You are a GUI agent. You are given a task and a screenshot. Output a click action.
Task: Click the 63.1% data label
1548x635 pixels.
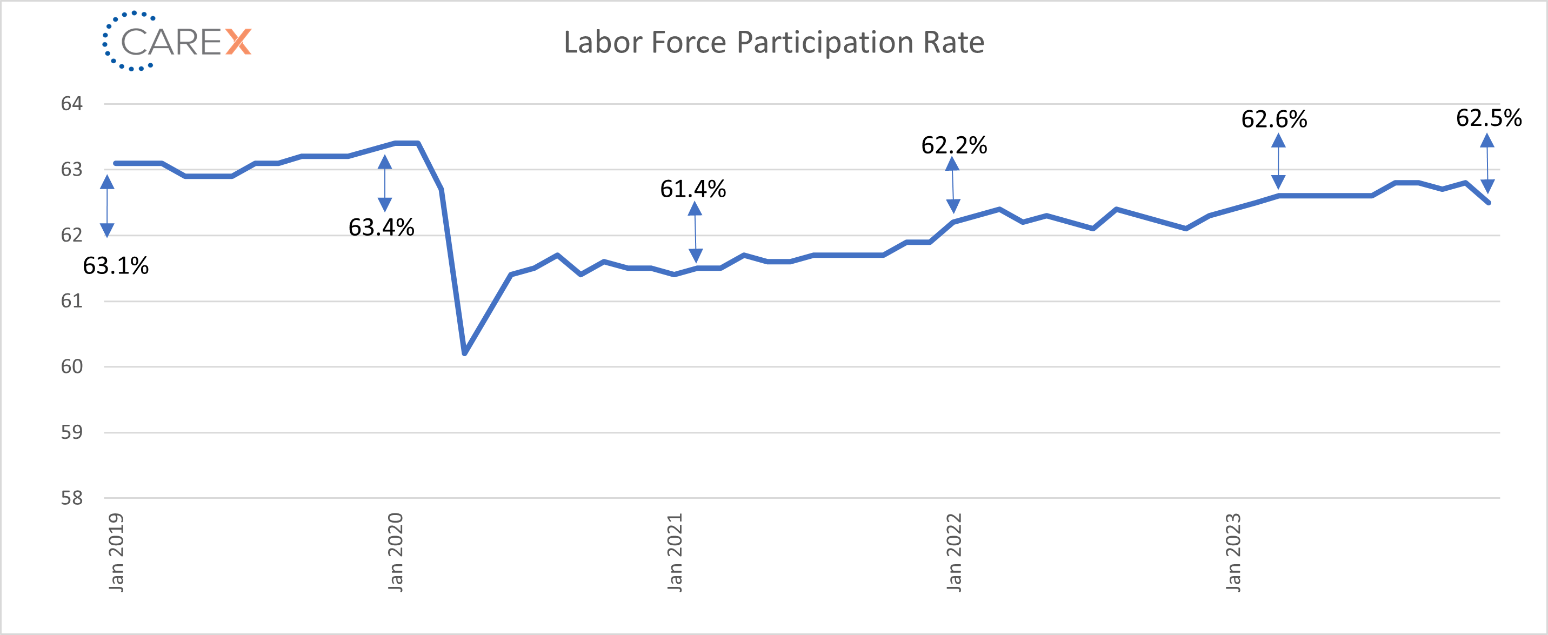(115, 265)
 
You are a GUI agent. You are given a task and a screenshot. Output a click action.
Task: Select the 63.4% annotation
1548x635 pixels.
(381, 227)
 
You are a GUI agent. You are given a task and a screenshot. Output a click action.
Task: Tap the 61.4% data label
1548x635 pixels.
(693, 189)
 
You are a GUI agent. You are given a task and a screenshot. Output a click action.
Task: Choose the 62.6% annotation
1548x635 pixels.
(1274, 119)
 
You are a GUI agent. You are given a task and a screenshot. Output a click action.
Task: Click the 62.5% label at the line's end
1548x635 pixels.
(1489, 118)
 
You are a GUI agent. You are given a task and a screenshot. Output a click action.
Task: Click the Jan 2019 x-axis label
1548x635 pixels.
(116, 551)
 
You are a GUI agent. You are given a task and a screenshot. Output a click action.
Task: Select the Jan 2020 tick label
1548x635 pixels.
(396, 551)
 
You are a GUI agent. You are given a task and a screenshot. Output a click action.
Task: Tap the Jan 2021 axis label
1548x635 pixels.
(675, 551)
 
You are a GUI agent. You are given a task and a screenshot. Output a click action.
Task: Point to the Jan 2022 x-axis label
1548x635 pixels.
(955, 551)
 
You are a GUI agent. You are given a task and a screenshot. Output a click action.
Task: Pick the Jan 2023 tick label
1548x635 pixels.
(1233, 551)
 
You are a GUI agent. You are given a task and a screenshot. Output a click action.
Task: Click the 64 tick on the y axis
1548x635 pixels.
(71, 104)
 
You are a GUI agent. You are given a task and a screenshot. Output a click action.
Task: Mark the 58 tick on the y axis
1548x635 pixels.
(71, 498)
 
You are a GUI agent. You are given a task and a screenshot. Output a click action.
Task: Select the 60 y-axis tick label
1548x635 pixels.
(71, 366)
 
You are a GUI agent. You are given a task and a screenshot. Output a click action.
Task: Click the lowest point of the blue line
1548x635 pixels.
(464, 353)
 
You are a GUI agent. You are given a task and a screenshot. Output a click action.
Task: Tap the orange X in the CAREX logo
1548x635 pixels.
(238, 42)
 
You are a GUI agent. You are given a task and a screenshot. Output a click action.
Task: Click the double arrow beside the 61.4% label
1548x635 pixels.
(695, 232)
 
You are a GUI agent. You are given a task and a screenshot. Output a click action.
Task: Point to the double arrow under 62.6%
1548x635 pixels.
(1278, 161)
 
